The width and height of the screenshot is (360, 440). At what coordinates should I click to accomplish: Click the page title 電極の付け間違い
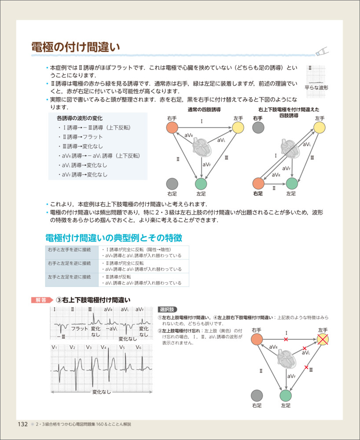76,47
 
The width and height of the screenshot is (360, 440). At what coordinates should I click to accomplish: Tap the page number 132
23,424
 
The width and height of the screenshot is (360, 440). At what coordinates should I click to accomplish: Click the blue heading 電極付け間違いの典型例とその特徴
114,238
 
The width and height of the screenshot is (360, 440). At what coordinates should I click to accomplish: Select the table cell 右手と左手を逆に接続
69,249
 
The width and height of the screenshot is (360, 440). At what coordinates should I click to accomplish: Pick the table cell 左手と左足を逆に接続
69,277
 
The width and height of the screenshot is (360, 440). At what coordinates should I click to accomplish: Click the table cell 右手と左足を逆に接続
69,263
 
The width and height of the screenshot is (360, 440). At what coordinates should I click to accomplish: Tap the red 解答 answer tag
42,300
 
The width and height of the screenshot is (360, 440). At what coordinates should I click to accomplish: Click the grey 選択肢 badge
168,309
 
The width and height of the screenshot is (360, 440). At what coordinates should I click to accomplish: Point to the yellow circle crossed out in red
323,340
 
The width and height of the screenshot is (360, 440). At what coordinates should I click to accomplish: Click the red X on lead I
286,340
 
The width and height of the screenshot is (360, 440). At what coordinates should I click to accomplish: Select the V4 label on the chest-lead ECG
104,348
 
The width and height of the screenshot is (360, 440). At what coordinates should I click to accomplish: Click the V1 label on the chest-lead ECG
54,348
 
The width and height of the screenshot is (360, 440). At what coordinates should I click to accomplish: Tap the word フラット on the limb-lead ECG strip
79,329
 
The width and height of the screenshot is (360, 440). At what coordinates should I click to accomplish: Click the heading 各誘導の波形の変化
80,118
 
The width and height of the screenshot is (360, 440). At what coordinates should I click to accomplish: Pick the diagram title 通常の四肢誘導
204,110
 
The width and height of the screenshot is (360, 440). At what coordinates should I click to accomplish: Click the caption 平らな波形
316,88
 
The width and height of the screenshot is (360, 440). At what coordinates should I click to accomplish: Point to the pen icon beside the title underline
322,51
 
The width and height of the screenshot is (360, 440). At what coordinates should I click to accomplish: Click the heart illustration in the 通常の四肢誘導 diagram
202,147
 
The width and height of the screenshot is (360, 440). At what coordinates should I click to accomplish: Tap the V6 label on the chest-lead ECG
139,348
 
